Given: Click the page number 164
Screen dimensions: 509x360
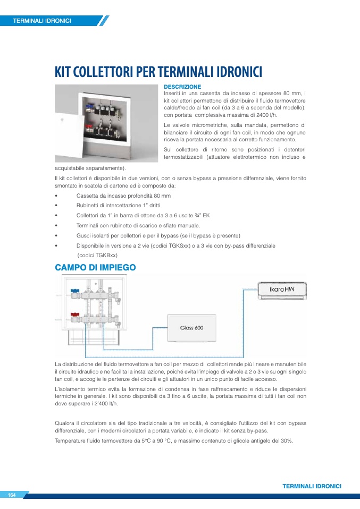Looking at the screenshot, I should (x=12, y=495).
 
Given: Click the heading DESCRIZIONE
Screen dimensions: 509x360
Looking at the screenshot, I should (x=182, y=87).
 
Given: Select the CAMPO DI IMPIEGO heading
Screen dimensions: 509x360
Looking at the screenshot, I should (x=95, y=268).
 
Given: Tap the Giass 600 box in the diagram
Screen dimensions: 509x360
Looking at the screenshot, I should (x=191, y=328).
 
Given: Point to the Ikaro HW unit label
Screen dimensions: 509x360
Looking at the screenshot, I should (x=282, y=290).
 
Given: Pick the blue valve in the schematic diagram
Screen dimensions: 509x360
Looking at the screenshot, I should (x=74, y=292).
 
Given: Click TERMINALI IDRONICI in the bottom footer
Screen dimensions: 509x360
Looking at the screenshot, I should (x=312, y=486).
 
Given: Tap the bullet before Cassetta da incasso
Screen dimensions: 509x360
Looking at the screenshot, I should (x=56, y=196).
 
